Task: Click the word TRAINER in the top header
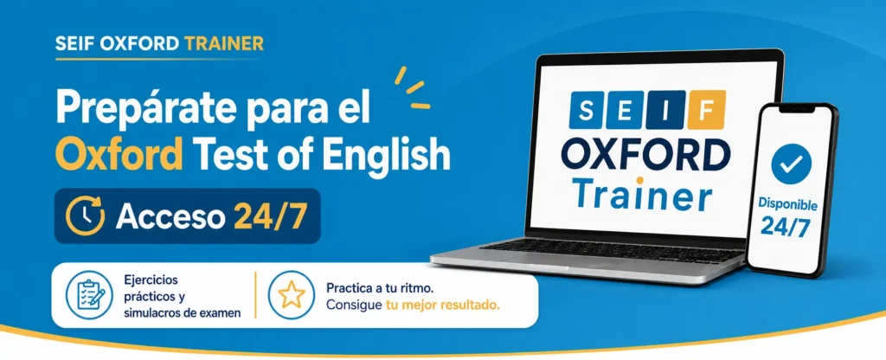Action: coord(224,43)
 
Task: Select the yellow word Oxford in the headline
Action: coord(121,153)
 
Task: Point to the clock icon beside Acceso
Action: coord(86,215)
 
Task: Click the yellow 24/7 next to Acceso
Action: coord(270,216)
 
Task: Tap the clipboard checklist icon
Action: coord(87,296)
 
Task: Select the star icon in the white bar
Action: coord(291,295)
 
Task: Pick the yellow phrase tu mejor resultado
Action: coord(442,305)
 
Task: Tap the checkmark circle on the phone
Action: coord(791,164)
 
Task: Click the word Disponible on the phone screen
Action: coord(787,203)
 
